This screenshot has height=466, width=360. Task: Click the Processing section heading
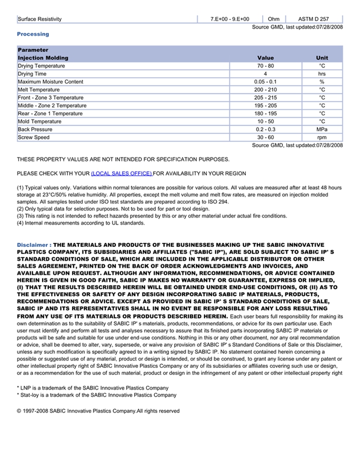point(33,34)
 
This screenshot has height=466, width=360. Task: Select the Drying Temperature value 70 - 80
point(265,66)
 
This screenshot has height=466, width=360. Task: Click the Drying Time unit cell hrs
point(322,74)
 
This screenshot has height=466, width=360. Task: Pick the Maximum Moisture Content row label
point(50,82)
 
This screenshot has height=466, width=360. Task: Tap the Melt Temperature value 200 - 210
point(265,90)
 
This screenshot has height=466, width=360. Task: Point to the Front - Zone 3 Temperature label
point(50,98)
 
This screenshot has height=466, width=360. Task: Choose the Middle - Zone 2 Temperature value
point(265,105)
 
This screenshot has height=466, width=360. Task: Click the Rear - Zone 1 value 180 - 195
point(265,114)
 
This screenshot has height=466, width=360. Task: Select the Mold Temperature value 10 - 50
point(265,121)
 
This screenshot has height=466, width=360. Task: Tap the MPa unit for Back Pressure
point(322,130)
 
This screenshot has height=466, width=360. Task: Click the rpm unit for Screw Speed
point(322,137)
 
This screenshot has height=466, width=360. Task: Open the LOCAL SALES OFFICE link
point(122,173)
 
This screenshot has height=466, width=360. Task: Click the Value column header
point(265,58)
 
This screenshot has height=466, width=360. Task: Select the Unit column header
point(322,58)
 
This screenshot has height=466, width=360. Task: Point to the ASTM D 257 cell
point(313,19)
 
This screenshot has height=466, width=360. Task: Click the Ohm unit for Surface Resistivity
point(274,19)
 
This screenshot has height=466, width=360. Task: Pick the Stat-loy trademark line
point(97,395)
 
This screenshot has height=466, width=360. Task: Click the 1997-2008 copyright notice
point(98,411)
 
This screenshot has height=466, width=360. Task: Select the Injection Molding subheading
point(43,58)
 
